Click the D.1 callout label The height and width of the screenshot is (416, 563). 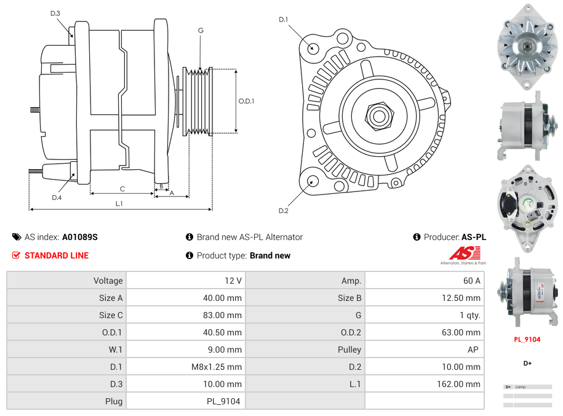283,20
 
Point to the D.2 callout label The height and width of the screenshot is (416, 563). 283,211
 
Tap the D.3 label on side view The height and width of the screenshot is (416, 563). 55,13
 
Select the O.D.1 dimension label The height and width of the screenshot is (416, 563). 246,101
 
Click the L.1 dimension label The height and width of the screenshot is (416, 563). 119,203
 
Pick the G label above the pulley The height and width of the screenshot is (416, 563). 201,30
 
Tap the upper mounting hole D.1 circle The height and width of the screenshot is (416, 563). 313,47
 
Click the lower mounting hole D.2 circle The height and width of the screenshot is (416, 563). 313,181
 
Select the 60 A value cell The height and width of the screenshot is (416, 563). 471,281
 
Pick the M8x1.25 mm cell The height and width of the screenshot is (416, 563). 217,367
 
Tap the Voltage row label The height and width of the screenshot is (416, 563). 108,281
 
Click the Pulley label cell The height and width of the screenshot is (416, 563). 349,350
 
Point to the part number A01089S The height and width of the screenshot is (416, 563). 80,237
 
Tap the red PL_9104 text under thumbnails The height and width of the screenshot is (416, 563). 527,339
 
